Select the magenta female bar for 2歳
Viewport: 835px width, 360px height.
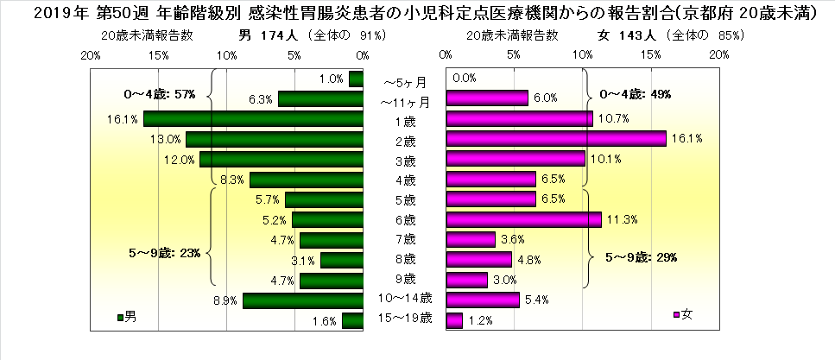click(556, 139)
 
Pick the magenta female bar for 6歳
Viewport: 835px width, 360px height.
click(523, 220)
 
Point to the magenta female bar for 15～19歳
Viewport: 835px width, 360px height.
click(454, 321)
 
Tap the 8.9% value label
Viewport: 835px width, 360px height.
click(225, 300)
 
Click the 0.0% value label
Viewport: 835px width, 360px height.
click(465, 79)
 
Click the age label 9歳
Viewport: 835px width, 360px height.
click(403, 279)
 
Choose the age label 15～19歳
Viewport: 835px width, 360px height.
click(403, 320)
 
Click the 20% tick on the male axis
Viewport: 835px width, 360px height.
click(90, 54)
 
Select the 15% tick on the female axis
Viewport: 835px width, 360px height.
click(651, 54)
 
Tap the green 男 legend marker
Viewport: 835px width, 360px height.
click(119, 317)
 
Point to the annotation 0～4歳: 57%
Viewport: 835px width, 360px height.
click(161, 93)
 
